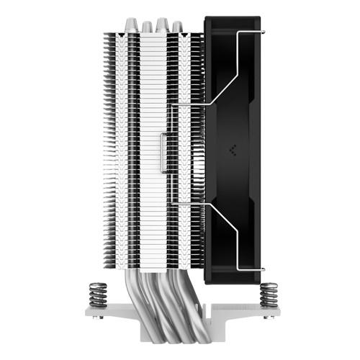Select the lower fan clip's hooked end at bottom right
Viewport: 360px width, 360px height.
tap(266, 271)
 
